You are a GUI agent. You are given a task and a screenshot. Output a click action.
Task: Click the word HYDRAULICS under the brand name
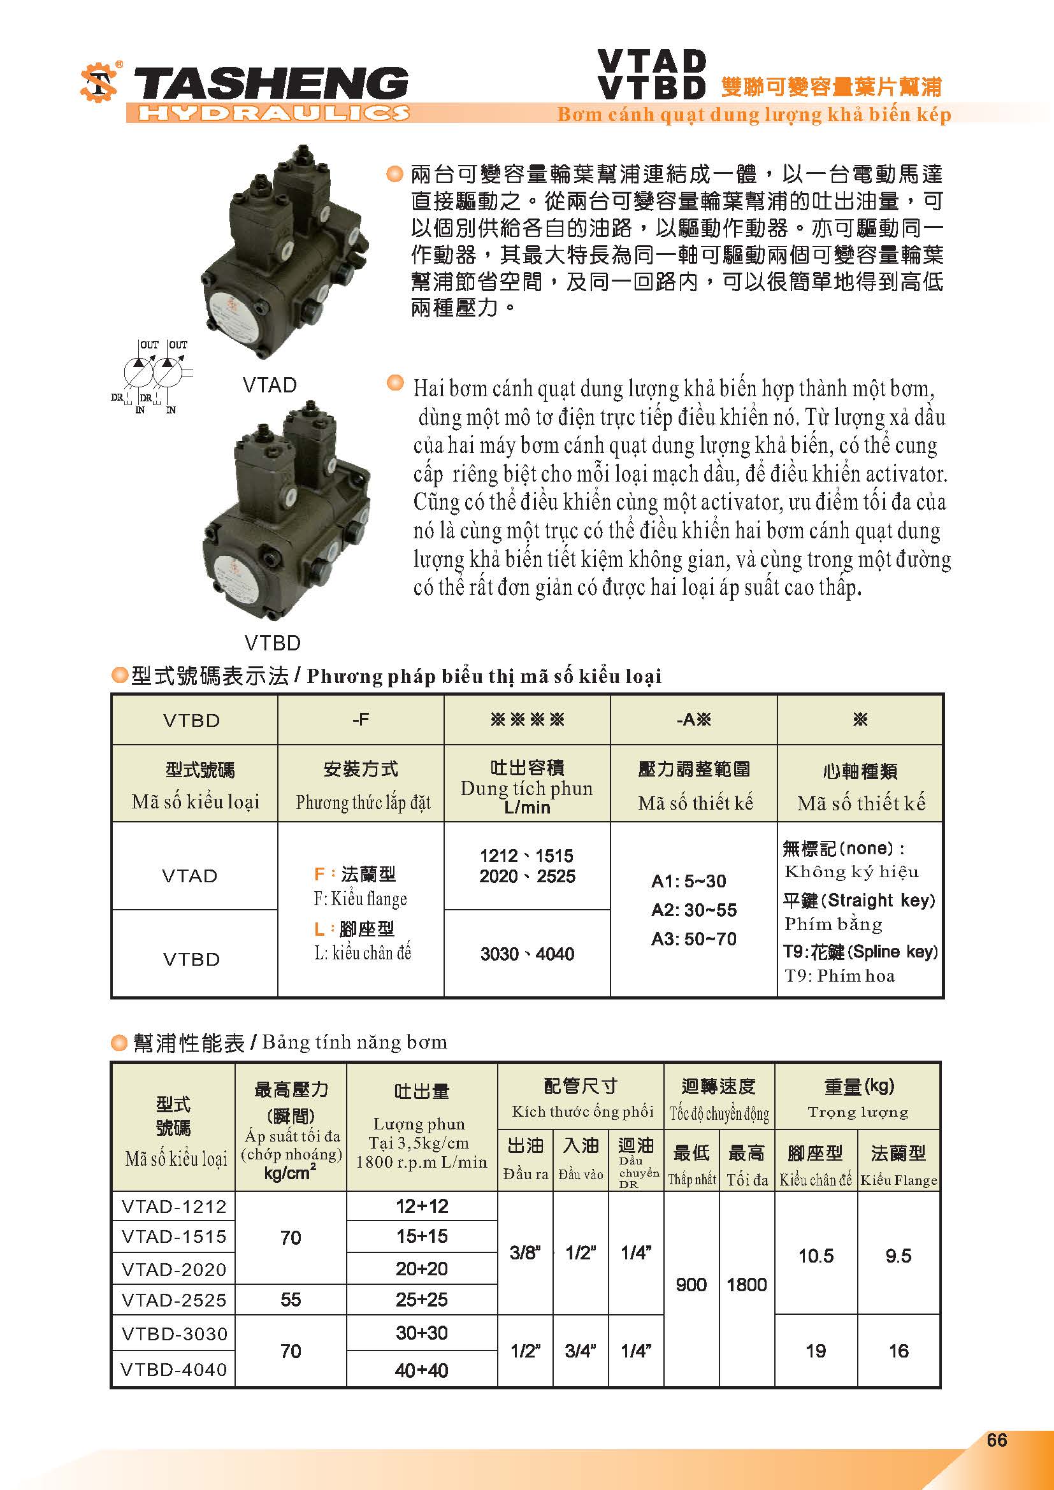tap(273, 113)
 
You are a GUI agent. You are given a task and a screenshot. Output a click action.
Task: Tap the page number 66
tap(996, 1440)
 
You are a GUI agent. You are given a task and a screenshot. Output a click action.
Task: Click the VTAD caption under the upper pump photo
tap(270, 385)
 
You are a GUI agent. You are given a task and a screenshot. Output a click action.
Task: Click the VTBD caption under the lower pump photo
tap(273, 643)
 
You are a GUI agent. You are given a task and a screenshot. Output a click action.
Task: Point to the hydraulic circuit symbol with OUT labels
tap(152, 376)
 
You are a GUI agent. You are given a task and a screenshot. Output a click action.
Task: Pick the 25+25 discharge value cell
tap(422, 1299)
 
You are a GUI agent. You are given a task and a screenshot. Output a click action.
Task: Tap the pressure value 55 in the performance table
tap(290, 1299)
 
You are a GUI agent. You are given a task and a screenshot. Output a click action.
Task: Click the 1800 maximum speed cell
tap(746, 1284)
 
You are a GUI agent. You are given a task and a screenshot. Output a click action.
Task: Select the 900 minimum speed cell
tap(691, 1284)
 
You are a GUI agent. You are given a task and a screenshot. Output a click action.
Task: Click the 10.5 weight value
tap(815, 1256)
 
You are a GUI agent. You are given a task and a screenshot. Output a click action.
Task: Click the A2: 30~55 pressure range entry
tap(693, 910)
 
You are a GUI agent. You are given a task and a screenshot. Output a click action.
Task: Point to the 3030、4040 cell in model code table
tap(527, 954)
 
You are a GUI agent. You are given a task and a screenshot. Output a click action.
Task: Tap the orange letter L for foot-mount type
tap(319, 929)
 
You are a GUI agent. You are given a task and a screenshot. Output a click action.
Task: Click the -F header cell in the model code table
tap(360, 719)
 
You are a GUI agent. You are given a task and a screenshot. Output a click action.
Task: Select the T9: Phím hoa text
tap(839, 976)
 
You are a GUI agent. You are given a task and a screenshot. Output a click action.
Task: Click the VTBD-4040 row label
tap(174, 1370)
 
